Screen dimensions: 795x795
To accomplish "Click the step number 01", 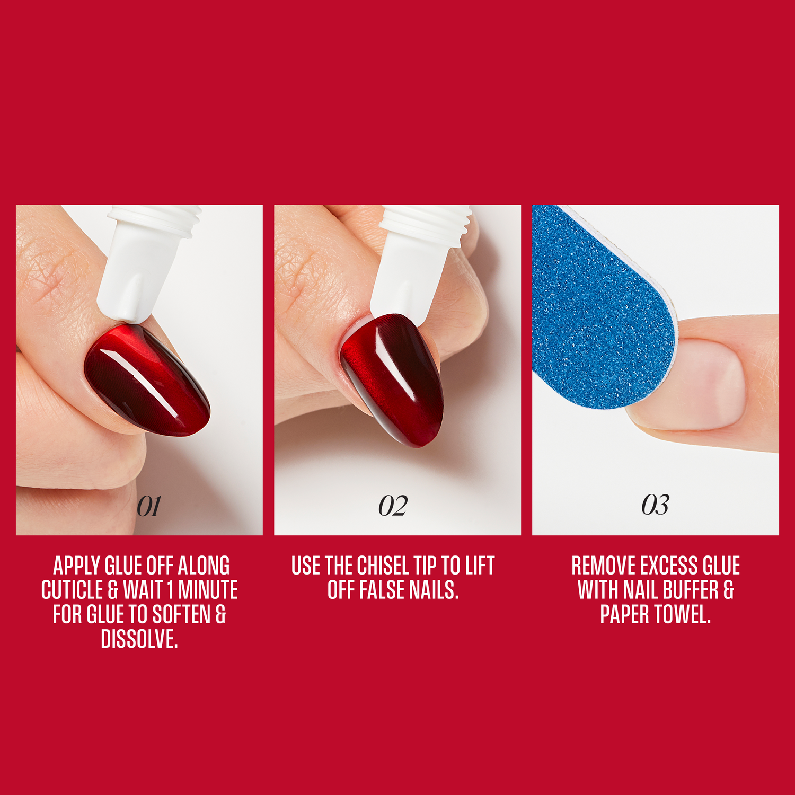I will [x=148, y=506].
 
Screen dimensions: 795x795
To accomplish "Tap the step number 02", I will [x=393, y=506].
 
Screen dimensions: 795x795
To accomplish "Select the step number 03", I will [x=655, y=505].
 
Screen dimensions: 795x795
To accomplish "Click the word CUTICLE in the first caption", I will [x=72, y=590].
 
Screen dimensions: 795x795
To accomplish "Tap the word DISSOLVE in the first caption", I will [x=139, y=639].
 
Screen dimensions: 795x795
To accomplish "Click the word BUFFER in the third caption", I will [x=690, y=590].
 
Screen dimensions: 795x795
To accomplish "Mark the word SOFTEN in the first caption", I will [x=181, y=615].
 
